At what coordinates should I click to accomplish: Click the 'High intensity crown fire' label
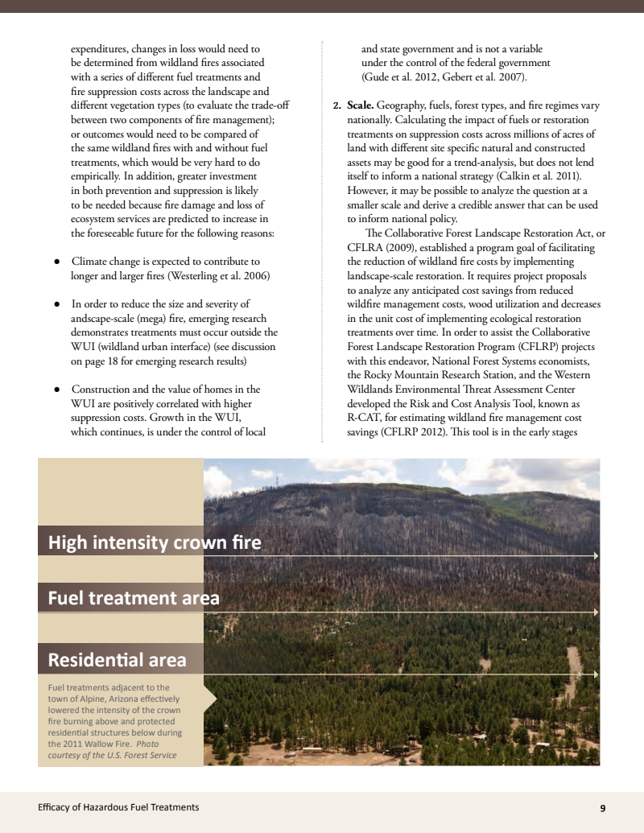click(x=155, y=542)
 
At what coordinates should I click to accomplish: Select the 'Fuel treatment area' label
click(x=134, y=598)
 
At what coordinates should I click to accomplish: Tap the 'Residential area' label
click(x=118, y=660)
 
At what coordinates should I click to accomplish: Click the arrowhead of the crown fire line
click(x=596, y=555)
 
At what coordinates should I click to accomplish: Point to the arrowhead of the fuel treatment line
click(x=596, y=612)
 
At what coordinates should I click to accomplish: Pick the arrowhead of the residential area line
click(x=596, y=674)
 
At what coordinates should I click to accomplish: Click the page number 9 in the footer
click(x=603, y=807)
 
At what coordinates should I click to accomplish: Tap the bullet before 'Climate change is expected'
click(x=57, y=262)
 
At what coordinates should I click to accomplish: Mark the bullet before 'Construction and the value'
click(x=57, y=390)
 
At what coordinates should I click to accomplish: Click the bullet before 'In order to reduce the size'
click(x=57, y=304)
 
